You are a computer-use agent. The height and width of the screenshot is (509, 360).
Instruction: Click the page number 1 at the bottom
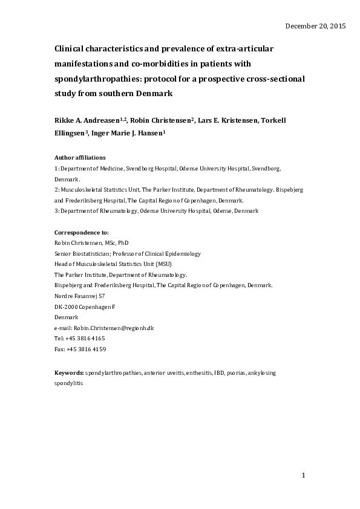[304, 476]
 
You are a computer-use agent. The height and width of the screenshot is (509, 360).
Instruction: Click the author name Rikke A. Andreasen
[89, 121]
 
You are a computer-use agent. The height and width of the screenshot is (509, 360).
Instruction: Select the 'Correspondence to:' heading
[82, 232]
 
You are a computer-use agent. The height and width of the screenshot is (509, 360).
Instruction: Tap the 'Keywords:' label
[69, 374]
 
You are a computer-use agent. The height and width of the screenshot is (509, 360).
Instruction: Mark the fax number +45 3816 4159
[86, 349]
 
